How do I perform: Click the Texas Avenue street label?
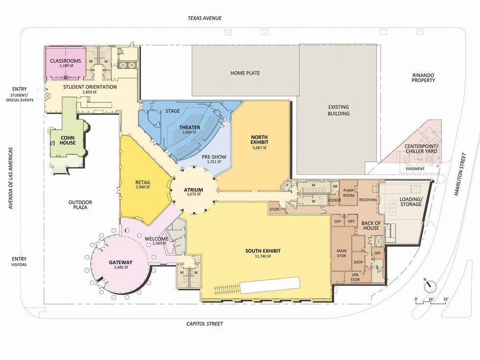[205, 18]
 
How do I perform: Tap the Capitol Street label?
[205, 324]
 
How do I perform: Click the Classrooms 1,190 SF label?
[64, 64]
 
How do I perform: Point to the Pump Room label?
[348, 192]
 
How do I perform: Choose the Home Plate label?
[245, 73]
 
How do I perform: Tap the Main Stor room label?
[341, 254]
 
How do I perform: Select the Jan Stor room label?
[356, 277]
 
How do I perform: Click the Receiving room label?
[368, 200]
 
